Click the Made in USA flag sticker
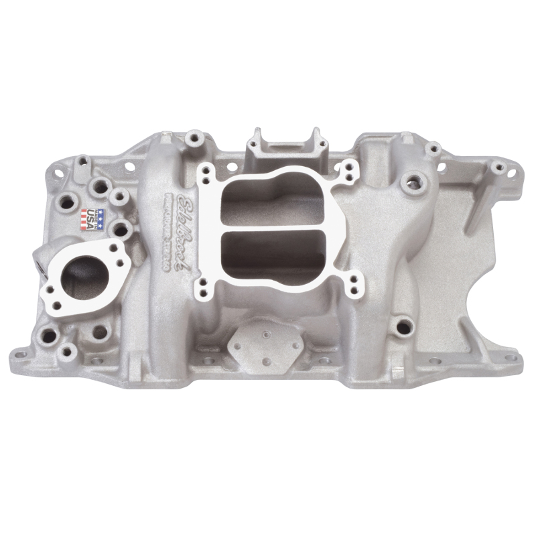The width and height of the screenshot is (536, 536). click(94, 219)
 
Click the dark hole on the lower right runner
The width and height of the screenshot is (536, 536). click(401, 328)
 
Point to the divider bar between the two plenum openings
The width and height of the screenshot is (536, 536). click(273, 227)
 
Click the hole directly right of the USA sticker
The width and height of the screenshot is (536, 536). click(121, 230)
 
